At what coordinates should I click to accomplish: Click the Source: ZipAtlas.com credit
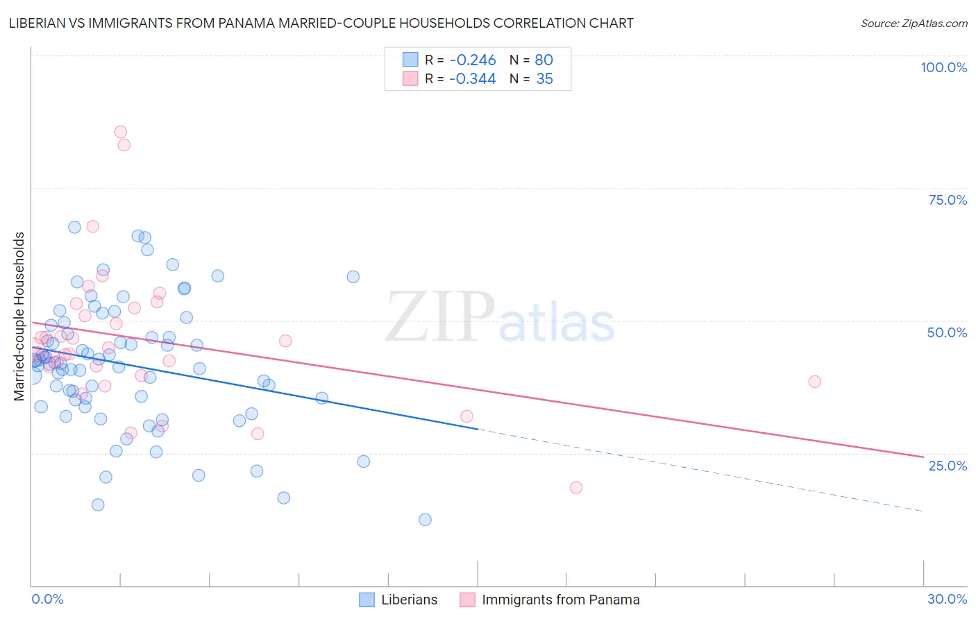(914, 24)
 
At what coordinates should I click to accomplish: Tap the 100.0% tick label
(943, 67)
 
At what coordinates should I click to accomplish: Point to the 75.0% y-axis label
(948, 200)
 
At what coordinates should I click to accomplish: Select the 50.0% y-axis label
(947, 332)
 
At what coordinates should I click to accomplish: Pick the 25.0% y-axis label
(948, 466)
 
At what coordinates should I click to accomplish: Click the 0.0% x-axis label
(47, 599)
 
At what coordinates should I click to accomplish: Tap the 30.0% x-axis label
(947, 599)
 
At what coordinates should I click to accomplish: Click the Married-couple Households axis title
(19, 316)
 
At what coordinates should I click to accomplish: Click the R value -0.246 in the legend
(472, 60)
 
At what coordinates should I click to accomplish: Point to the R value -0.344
(472, 79)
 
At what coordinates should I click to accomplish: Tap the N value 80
(544, 60)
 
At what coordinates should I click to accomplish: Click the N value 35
(544, 79)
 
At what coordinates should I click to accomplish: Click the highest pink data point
(120, 132)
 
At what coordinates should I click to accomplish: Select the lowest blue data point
(425, 520)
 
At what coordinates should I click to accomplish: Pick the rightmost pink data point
(814, 382)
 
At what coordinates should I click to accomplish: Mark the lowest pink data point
(575, 487)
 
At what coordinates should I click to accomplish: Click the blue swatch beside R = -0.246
(410, 60)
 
